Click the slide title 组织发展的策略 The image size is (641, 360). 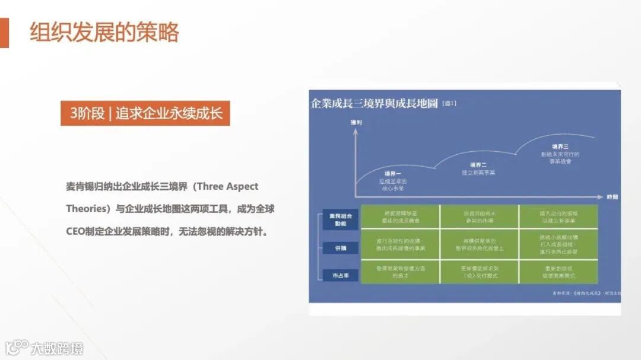point(104,33)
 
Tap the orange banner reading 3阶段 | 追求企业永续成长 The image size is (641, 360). point(145,113)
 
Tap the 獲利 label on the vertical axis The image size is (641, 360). point(356,122)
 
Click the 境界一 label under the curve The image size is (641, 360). point(393,173)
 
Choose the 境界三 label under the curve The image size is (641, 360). point(560,146)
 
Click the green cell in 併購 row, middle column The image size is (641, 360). point(479,244)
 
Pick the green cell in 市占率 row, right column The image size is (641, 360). point(559,272)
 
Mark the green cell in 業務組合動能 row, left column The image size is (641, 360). point(400,216)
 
